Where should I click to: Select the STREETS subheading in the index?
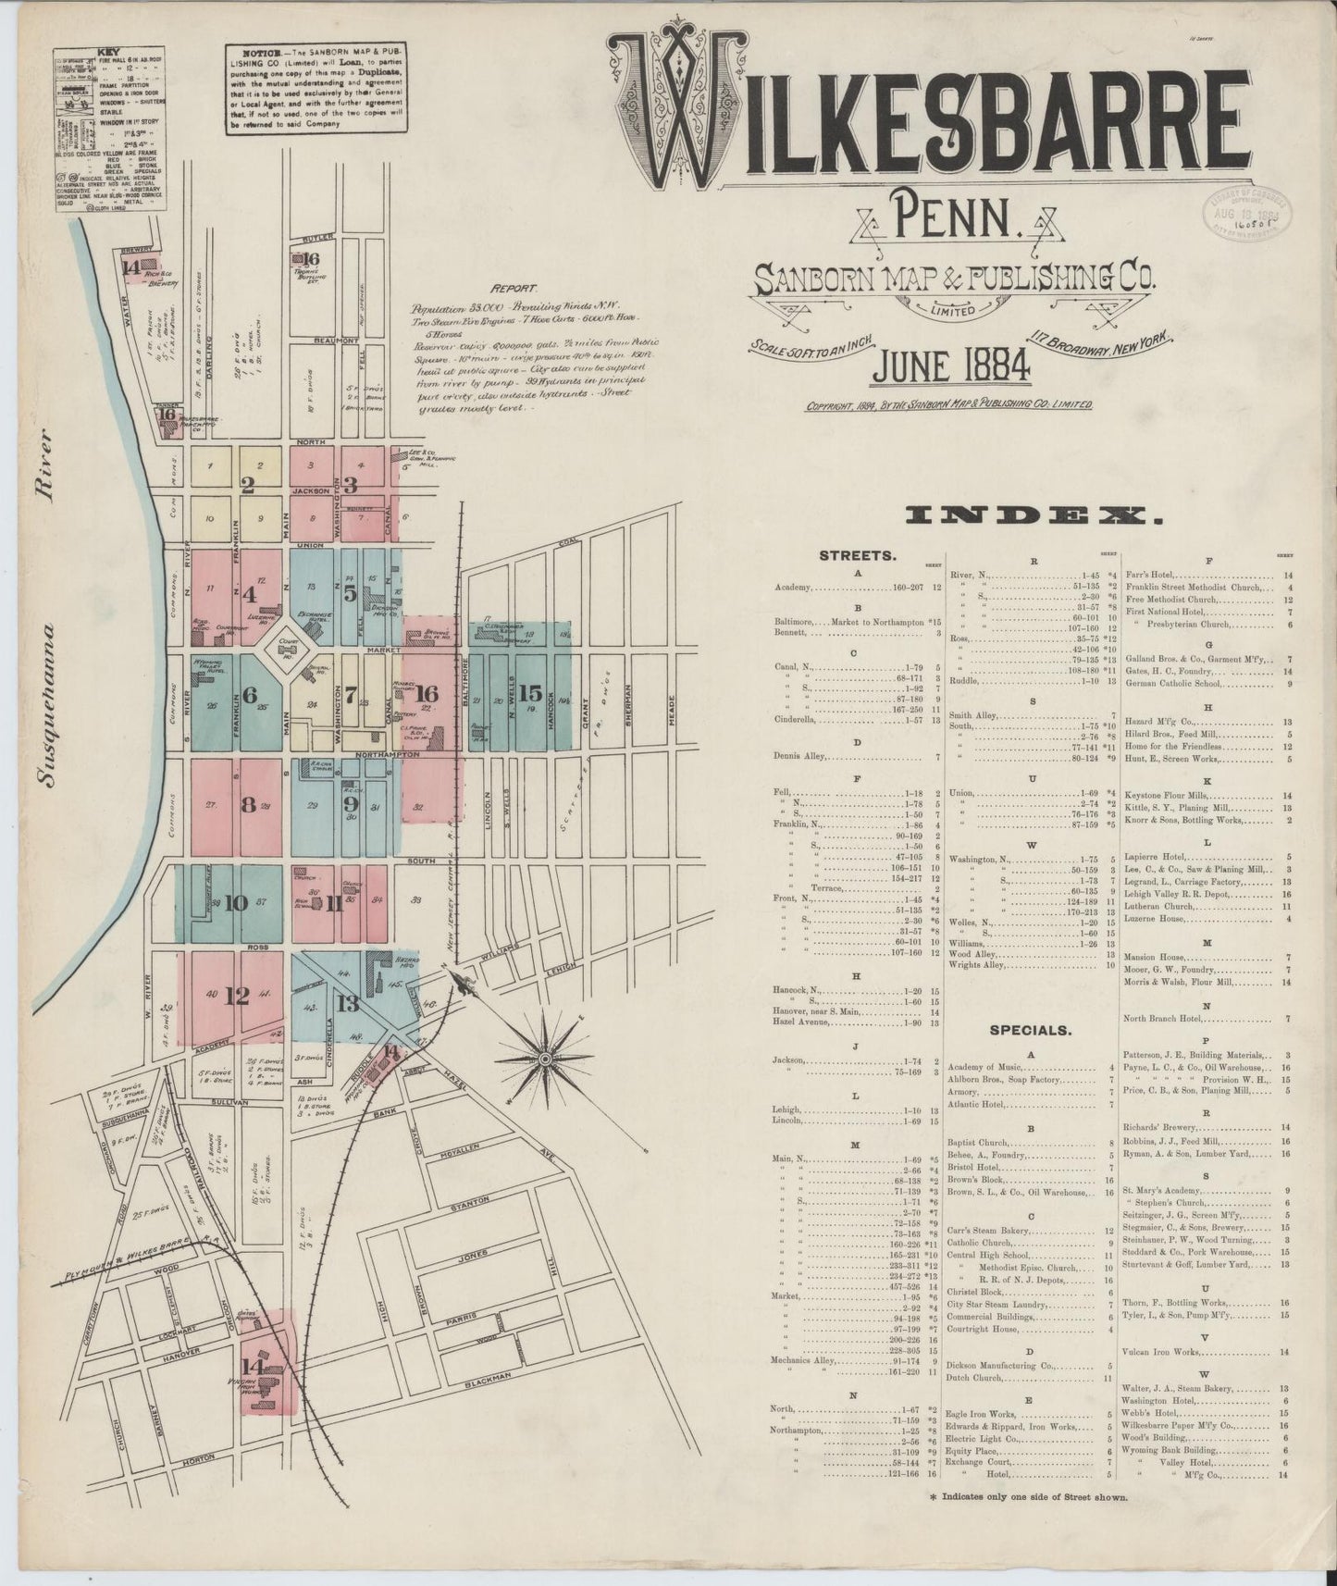(857, 556)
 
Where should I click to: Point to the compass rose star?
(546, 1056)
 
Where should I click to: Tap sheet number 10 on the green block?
(235, 903)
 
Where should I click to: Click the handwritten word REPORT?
(514, 289)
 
